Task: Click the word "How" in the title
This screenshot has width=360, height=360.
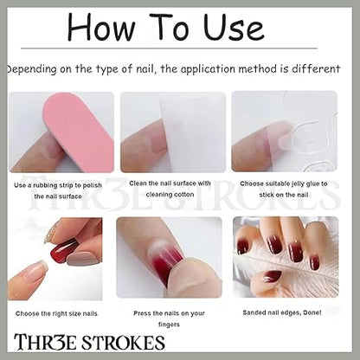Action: (101, 27)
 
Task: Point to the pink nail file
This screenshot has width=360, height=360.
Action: (77, 132)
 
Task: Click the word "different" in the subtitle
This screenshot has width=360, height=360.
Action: (316, 69)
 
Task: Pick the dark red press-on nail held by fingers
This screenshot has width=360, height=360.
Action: (64, 249)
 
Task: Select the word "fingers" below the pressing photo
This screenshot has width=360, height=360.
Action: (169, 325)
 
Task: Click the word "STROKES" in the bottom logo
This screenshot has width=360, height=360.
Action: (123, 343)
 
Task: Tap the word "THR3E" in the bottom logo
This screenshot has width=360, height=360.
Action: (46, 343)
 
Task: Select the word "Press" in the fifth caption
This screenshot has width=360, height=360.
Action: (142, 313)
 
